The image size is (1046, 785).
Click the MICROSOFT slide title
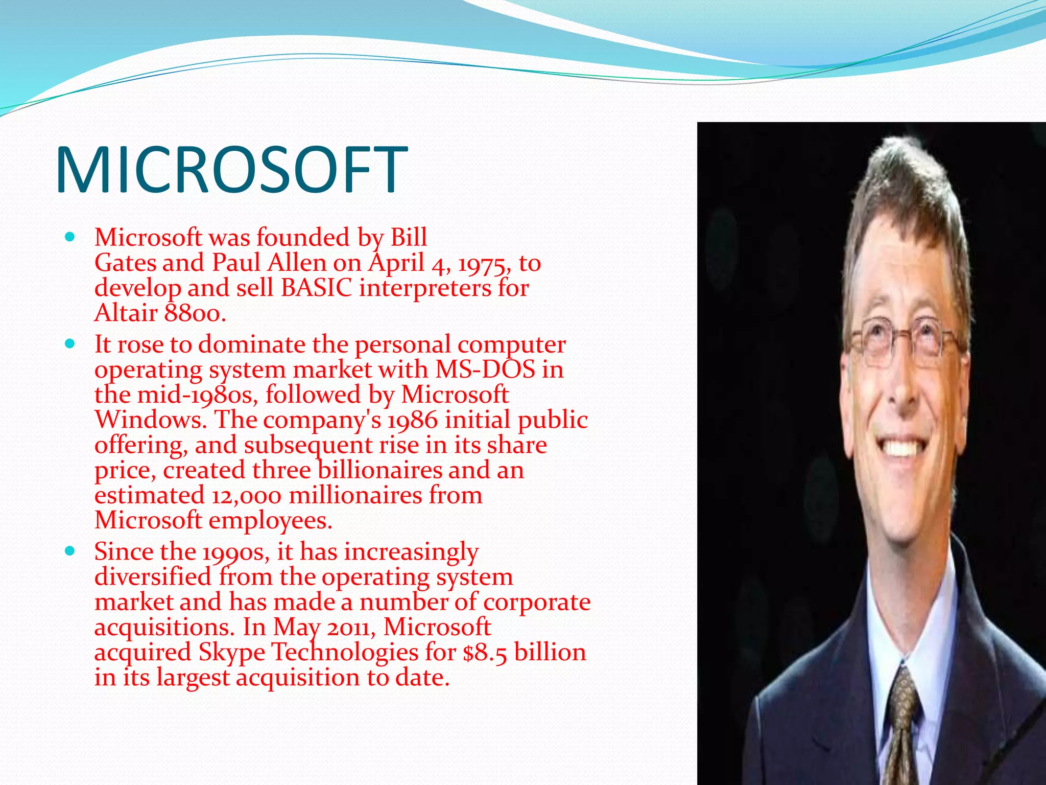(x=231, y=170)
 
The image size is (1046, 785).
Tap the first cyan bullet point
(x=70, y=237)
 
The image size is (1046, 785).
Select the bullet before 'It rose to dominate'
(x=70, y=343)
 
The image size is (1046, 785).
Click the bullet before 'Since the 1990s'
(x=70, y=551)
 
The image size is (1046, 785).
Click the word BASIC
(x=316, y=288)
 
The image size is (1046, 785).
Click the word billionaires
(x=379, y=470)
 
